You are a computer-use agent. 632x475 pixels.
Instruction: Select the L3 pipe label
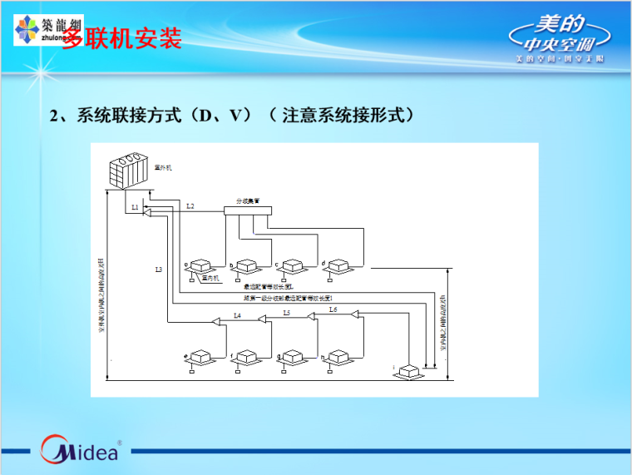pos(158,270)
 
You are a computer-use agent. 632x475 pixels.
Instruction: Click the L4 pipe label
pos(237,315)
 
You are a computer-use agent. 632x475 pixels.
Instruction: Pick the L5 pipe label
pos(286,313)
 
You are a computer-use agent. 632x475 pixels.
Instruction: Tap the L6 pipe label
pos(333,309)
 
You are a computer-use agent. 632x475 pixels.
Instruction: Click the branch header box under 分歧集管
pos(247,211)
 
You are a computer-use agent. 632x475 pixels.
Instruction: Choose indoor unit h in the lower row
pos(338,358)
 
